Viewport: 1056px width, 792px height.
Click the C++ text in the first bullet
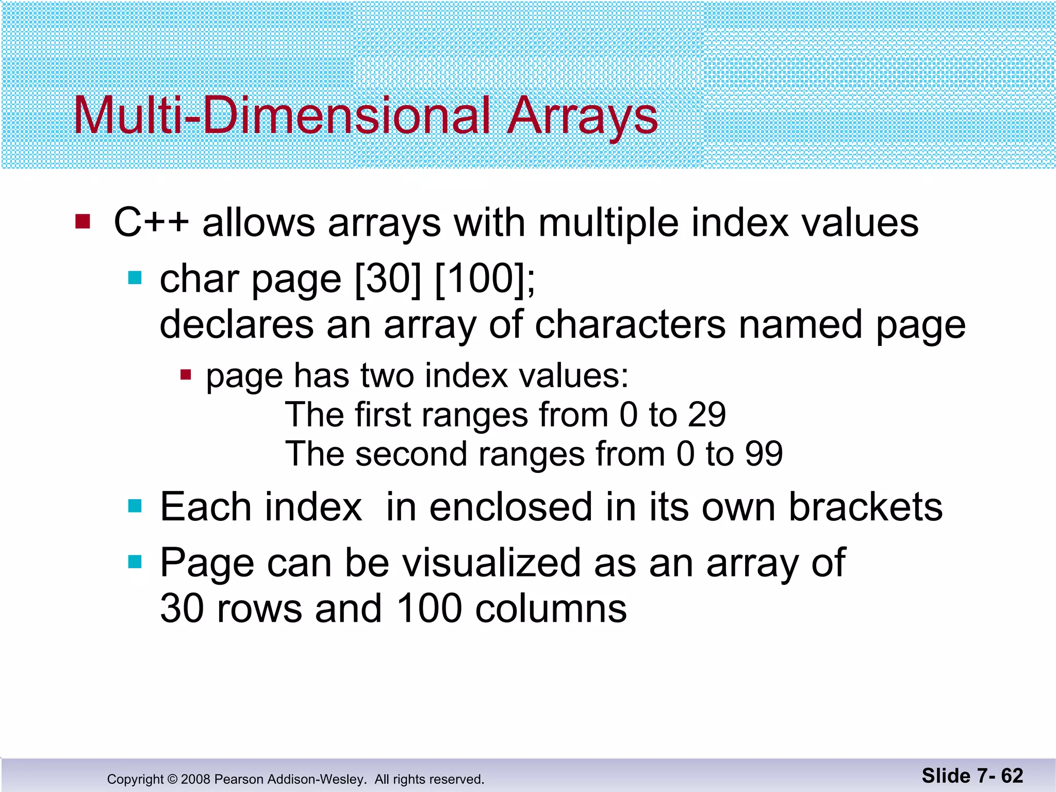pos(151,223)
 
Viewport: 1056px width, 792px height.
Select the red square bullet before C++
pos(82,222)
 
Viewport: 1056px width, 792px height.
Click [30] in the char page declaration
pos(388,279)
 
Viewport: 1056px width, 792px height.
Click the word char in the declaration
pos(200,279)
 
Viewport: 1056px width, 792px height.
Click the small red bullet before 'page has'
pos(186,374)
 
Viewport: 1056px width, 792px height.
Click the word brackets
pos(866,507)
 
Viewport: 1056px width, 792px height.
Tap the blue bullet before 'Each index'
pos(135,506)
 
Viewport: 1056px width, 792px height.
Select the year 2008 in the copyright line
pos(195,779)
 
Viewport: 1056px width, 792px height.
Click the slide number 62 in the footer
pos(1012,775)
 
